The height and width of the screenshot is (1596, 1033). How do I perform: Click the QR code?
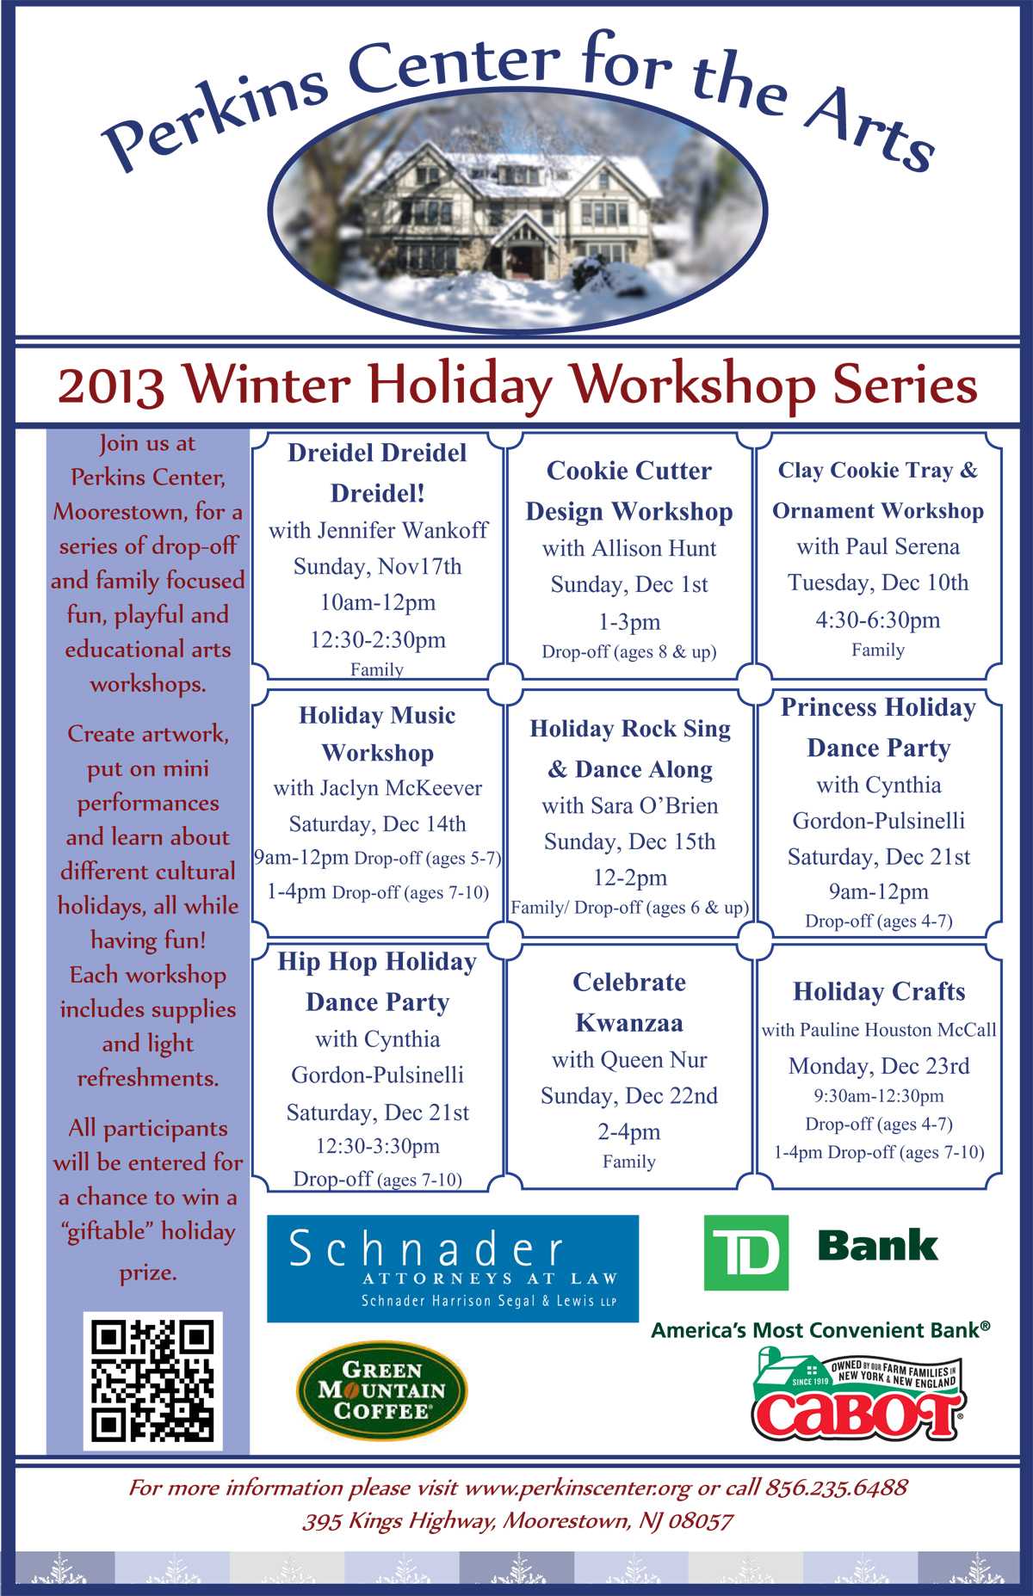click(x=152, y=1380)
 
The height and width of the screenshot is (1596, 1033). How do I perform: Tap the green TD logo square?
click(x=746, y=1252)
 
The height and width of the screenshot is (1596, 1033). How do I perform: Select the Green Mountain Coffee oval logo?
click(x=382, y=1390)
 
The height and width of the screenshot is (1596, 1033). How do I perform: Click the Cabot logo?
click(x=858, y=1395)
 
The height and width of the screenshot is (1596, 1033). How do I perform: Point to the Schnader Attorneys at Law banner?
click(x=453, y=1268)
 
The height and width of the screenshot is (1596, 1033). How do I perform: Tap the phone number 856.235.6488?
click(x=837, y=1488)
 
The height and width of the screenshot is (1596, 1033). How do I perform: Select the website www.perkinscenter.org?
click(x=578, y=1488)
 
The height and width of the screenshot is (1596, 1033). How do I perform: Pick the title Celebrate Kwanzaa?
click(x=629, y=1002)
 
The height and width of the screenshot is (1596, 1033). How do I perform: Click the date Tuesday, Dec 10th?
click(x=878, y=582)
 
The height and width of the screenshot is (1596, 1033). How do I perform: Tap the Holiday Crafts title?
click(x=879, y=992)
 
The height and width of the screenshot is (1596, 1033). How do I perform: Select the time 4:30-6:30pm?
click(x=878, y=620)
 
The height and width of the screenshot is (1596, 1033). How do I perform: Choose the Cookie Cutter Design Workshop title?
click(x=629, y=491)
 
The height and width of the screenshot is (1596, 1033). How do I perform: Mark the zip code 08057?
click(x=701, y=1521)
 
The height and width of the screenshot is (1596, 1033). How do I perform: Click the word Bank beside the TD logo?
click(x=878, y=1246)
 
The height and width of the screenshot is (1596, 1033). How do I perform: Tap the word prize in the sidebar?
click(x=148, y=1273)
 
